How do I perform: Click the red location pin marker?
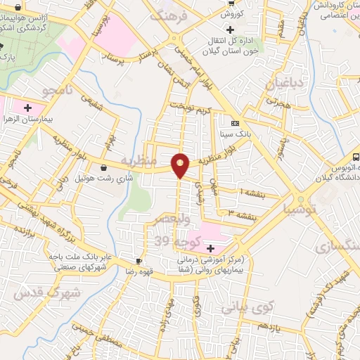click(181, 165)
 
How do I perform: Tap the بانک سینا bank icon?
click(235, 122)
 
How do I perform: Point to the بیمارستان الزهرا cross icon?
click(27, 108)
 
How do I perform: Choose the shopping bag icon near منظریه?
click(105, 168)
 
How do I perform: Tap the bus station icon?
click(356, 157)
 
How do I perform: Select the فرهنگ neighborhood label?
click(172, 15)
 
